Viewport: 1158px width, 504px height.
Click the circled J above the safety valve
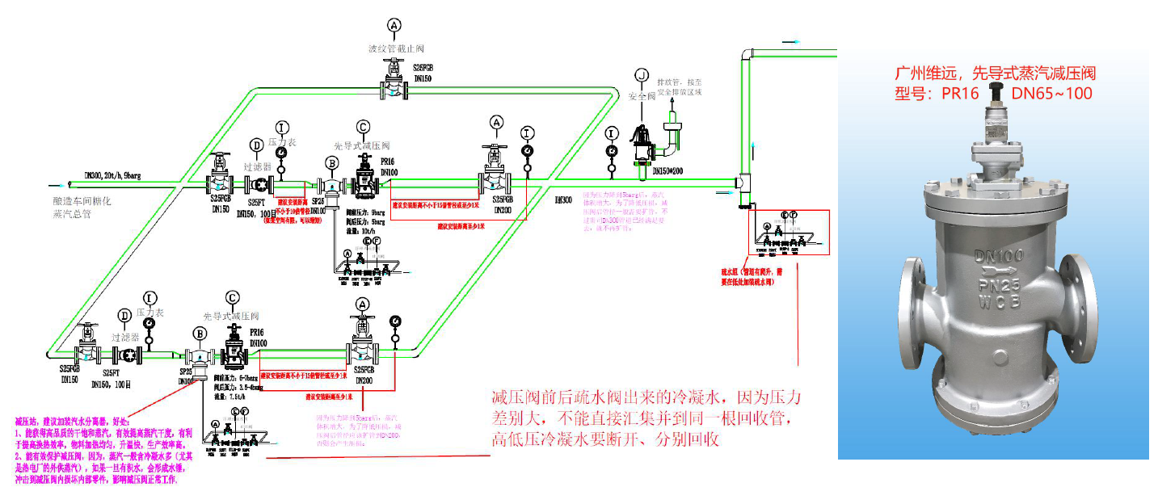tap(642, 75)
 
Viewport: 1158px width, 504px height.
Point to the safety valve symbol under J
tap(642, 144)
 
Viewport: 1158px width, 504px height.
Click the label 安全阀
tap(643, 96)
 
